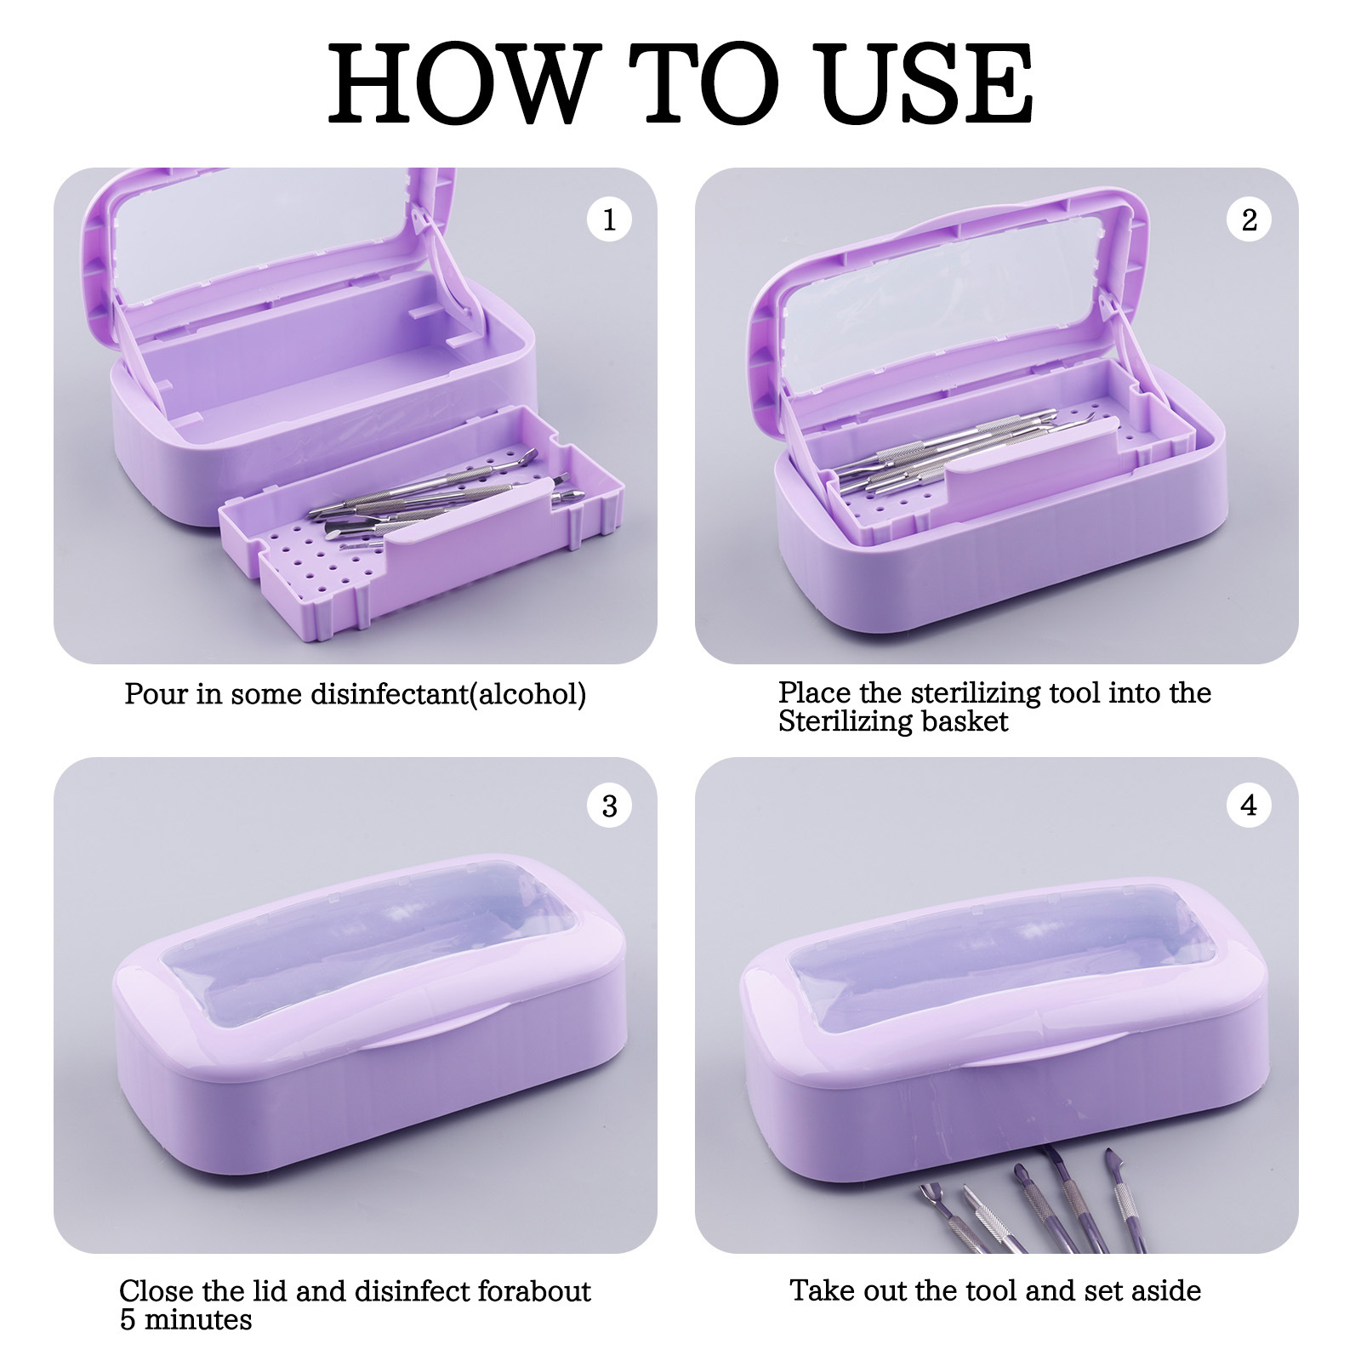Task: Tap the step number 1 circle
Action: [x=609, y=219]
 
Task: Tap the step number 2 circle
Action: [x=1249, y=219]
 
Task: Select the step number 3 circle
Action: [x=609, y=805]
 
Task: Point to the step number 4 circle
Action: [x=1249, y=805]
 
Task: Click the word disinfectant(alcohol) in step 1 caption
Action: [x=448, y=694]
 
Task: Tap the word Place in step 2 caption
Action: [x=815, y=692]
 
